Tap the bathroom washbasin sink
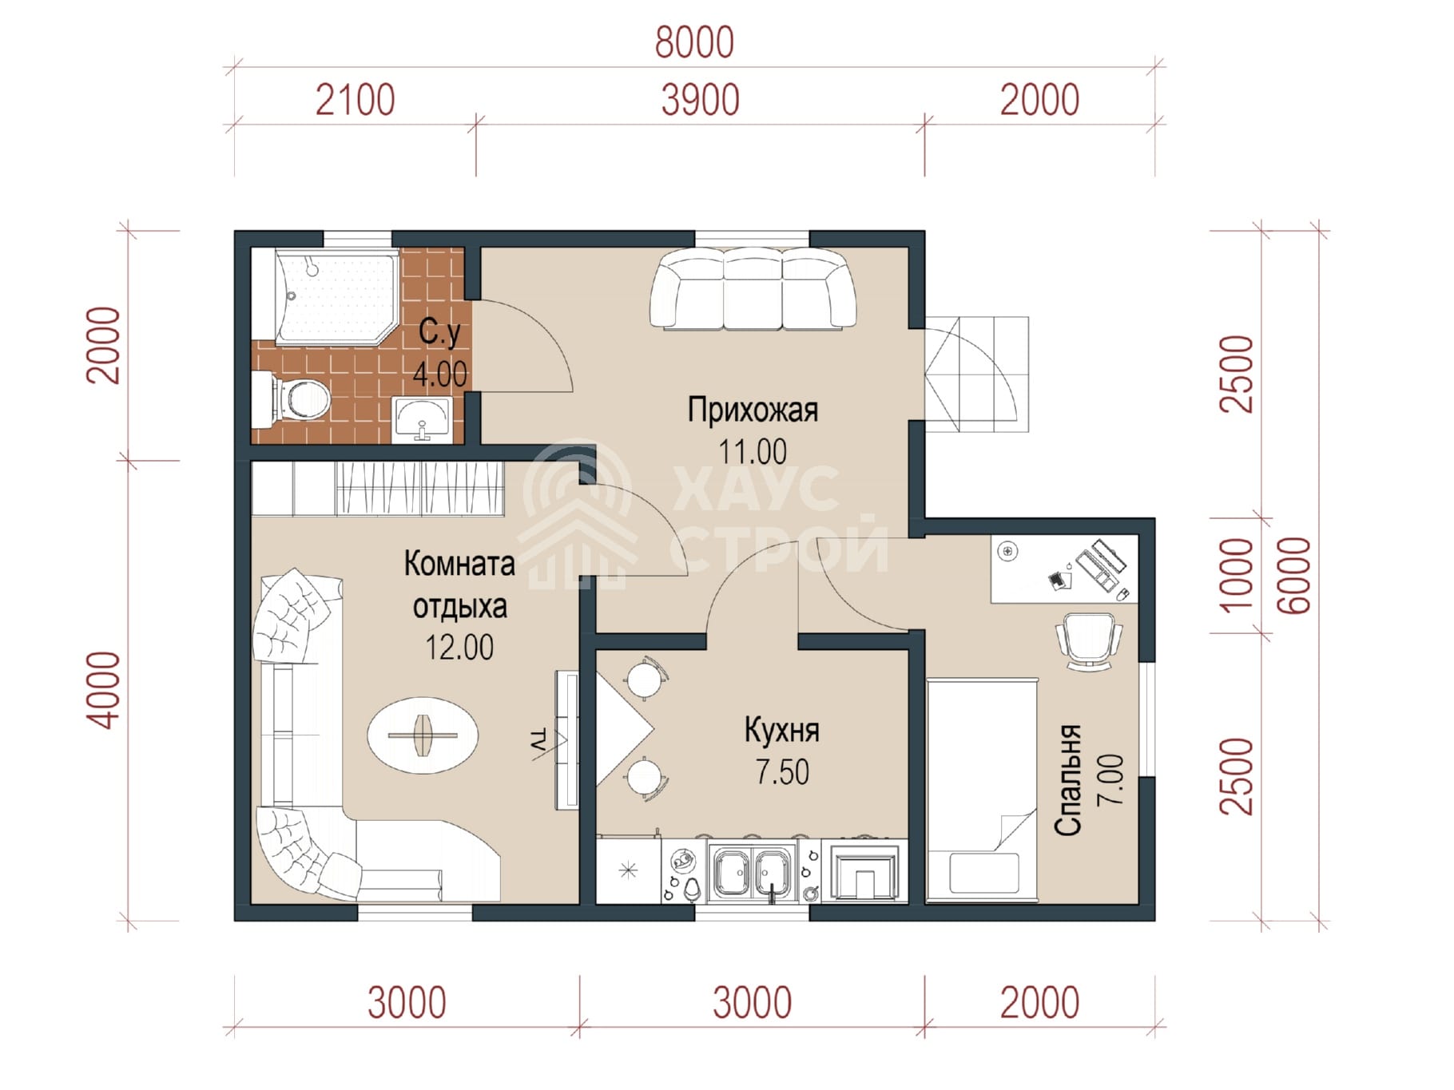coord(423,419)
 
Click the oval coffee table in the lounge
coord(423,735)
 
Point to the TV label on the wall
coord(540,739)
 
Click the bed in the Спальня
coord(982,791)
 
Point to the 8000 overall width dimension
coord(694,43)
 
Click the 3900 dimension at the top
coord(700,101)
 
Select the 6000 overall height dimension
coord(1295,576)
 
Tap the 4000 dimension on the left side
coord(105,689)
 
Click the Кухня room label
coord(781,730)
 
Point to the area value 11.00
coord(753,452)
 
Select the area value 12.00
coord(459,647)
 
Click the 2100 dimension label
coord(356,101)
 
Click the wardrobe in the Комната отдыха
coord(378,489)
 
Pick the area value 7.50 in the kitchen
coord(782,772)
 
